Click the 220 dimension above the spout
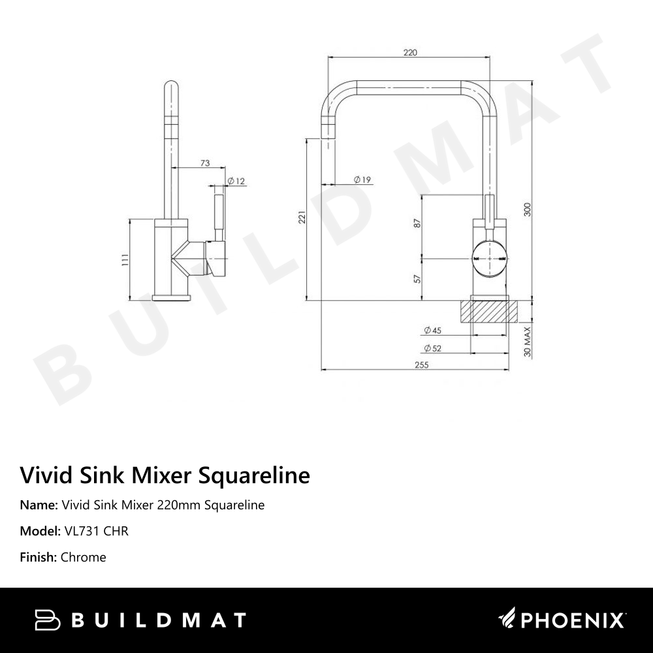410,53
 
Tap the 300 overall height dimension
528,210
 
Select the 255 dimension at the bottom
421,365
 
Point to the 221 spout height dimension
302,217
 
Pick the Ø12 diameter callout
236,181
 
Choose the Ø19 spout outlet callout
362,179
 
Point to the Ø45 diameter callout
432,330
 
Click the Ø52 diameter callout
432,348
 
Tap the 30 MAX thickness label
528,342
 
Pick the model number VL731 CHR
96,531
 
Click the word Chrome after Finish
83,557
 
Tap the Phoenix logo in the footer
562,619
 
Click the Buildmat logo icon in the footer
48,620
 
